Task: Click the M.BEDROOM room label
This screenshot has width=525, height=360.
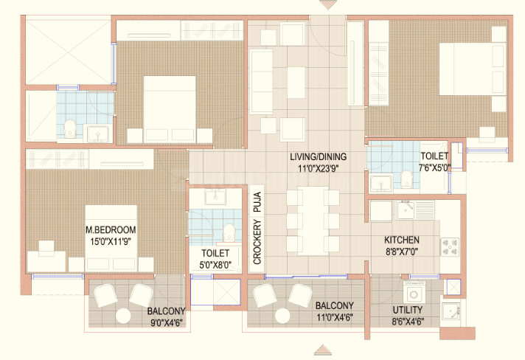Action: click(111, 229)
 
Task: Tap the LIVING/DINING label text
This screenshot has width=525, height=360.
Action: click(318, 156)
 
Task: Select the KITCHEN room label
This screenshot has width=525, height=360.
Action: click(402, 240)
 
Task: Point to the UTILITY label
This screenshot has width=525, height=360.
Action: click(408, 310)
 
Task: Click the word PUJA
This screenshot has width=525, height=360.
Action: click(257, 202)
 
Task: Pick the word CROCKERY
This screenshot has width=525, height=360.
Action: click(257, 241)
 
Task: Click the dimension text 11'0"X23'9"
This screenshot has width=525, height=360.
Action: click(318, 168)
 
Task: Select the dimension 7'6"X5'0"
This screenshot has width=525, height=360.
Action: click(434, 167)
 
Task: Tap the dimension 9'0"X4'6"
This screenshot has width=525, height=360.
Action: click(167, 323)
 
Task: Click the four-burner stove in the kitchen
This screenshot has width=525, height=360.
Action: click(450, 247)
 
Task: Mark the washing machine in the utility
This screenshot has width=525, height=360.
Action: click(414, 292)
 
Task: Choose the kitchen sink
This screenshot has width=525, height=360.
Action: click(406, 210)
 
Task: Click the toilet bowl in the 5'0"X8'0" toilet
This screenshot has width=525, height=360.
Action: click(229, 232)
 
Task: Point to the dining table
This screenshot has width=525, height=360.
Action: click(313, 221)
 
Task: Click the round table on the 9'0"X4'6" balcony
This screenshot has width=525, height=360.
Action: click(123, 316)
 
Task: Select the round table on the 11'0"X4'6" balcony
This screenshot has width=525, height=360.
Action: click(282, 316)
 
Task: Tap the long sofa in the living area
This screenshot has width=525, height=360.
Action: click(261, 81)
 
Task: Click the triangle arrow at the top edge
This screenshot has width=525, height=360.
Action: click(327, 4)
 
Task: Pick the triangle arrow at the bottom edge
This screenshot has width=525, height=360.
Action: click(323, 350)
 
